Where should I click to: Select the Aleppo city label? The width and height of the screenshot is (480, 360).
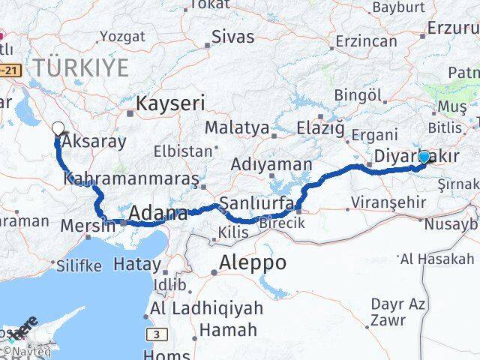[x=253, y=262]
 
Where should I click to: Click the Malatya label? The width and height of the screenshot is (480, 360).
[x=236, y=128]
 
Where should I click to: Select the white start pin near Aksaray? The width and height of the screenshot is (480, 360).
[x=59, y=129]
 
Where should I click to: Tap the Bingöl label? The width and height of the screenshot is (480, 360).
[x=358, y=95]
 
